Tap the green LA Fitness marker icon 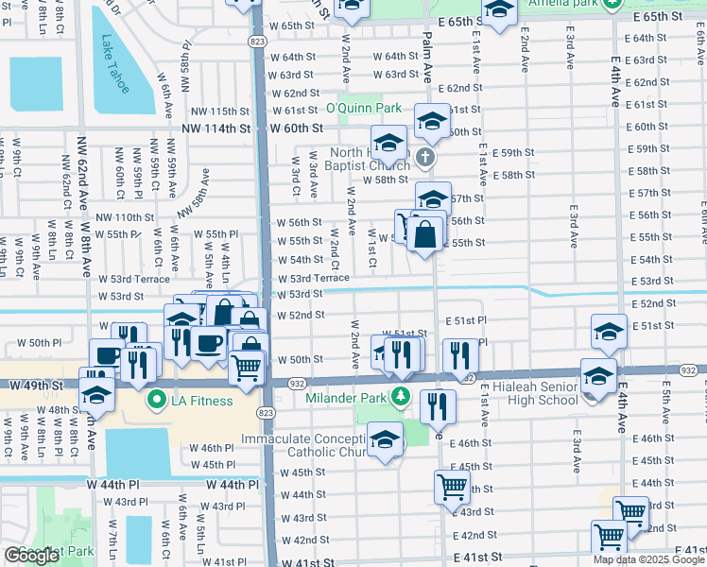pyautogui.click(x=157, y=401)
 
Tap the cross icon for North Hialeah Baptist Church pyautogui.click(x=425, y=157)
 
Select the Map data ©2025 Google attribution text pyautogui.click(x=648, y=559)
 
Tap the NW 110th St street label pyautogui.click(x=123, y=217)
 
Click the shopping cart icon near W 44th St pyautogui.click(x=453, y=487)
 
